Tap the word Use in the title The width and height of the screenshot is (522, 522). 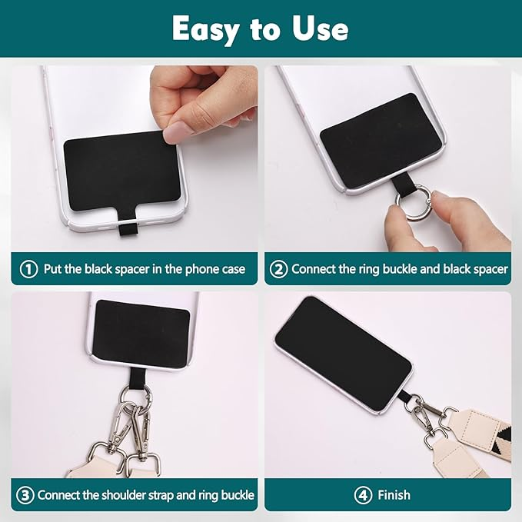pos(316,29)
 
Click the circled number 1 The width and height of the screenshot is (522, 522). pos(28,269)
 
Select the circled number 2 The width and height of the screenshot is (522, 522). pos(279,269)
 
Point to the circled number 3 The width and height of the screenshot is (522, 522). pos(25,495)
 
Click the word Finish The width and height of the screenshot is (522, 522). pos(394,495)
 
